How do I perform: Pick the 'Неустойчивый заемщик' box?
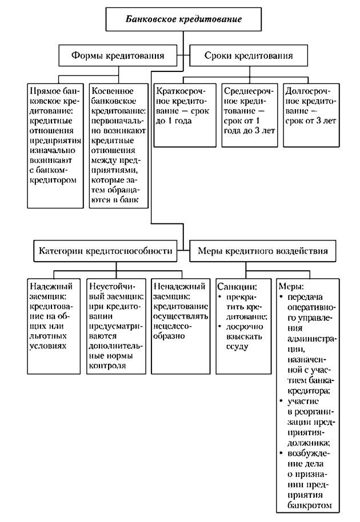point(117,325)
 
